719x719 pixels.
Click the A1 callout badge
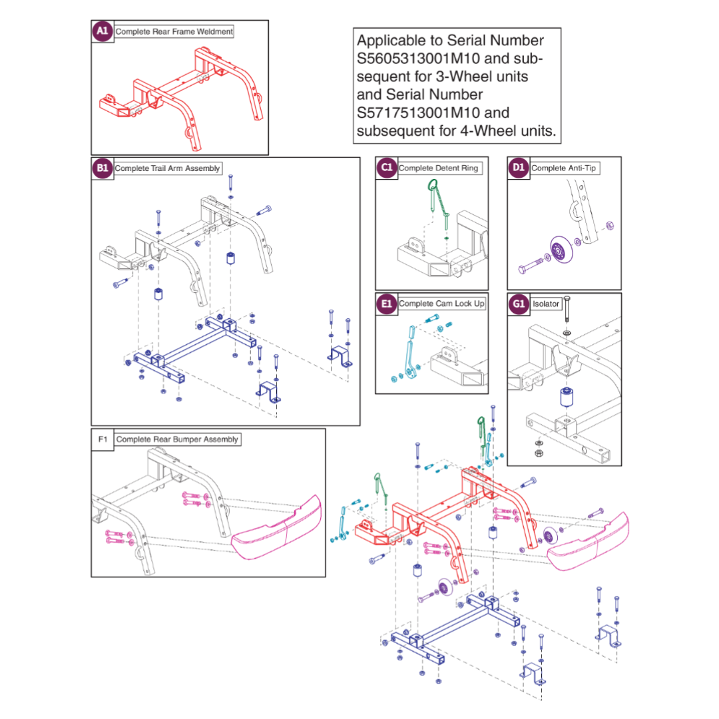(x=103, y=31)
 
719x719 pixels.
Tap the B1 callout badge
(x=103, y=168)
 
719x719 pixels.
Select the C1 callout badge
(x=387, y=168)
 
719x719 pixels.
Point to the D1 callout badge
(x=519, y=168)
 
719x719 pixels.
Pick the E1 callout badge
(x=387, y=304)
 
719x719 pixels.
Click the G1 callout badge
(x=519, y=304)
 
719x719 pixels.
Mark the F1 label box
(x=103, y=439)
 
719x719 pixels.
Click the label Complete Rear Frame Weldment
(x=174, y=31)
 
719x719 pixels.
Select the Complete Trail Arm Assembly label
(x=167, y=168)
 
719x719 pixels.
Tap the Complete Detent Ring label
(x=438, y=168)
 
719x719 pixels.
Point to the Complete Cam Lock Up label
(x=442, y=304)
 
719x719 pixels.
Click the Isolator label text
(x=546, y=304)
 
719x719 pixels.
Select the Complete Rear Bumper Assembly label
(x=177, y=439)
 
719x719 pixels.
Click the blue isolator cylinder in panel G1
(x=567, y=399)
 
